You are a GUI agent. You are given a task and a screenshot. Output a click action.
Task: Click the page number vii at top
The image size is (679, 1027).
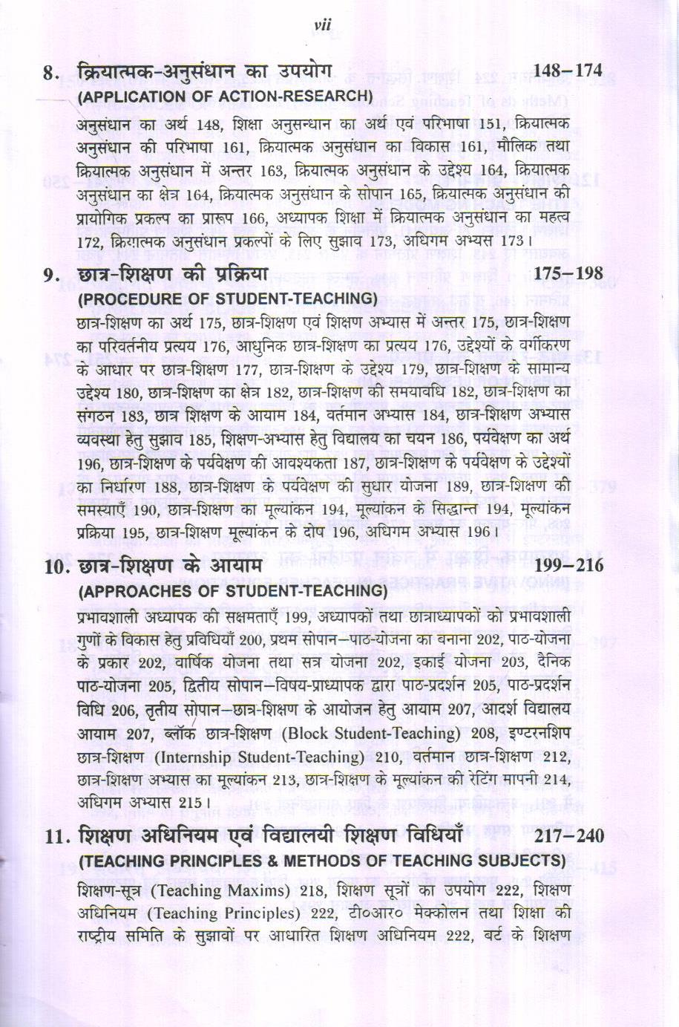(321, 26)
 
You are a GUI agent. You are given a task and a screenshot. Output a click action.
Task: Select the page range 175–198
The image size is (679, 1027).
(568, 274)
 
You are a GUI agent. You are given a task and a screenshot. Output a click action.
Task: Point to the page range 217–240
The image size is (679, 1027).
(568, 837)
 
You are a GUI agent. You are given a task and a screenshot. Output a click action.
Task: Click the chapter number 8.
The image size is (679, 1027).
(50, 73)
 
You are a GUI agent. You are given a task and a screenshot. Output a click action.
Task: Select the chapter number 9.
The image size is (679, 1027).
(50, 276)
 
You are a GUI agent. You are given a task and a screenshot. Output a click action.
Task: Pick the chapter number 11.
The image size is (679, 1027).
(55, 838)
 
